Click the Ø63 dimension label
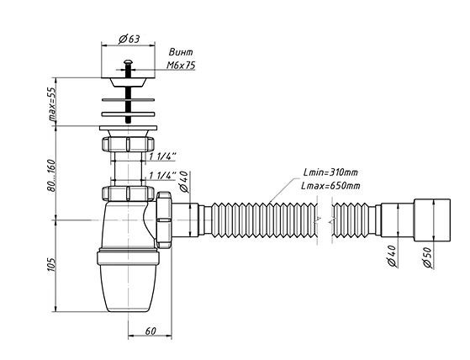point(129,39)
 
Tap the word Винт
point(181,52)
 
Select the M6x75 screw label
point(181,65)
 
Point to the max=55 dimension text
point(52,104)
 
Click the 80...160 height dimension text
point(52,176)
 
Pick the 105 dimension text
point(52,264)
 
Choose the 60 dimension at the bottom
point(151,331)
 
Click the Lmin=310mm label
point(330,172)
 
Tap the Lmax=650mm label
point(330,186)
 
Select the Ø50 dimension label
point(427,258)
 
